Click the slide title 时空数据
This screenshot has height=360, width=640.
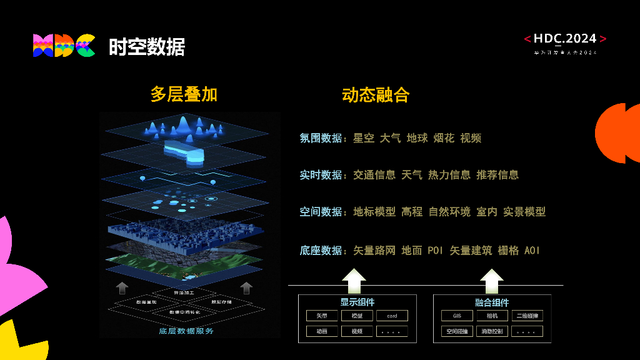coord(147,47)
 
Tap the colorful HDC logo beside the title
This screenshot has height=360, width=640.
coord(64,46)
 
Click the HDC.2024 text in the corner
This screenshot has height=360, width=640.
coord(565,39)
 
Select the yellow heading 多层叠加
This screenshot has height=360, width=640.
coord(184,94)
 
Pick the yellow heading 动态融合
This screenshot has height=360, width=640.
coord(376,95)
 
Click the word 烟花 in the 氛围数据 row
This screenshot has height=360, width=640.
coord(444,138)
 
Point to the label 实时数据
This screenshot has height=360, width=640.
coord(321,175)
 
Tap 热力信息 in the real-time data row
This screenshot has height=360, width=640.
coord(449,175)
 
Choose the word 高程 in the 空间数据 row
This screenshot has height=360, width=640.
coord(412,212)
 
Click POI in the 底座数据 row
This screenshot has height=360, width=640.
coord(436,251)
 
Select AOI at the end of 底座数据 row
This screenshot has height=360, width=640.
coord(532,251)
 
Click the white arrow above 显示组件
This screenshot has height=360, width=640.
coord(354,281)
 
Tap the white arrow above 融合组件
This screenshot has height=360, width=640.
coord(492,281)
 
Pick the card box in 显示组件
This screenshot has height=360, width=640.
coord(392,316)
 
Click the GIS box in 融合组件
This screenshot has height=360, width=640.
coord(457,316)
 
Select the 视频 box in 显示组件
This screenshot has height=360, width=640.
coord(357,331)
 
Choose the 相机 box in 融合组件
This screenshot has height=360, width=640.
coord(492,316)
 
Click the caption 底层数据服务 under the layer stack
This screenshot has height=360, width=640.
coord(186,331)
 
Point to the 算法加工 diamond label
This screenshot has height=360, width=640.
coord(184,292)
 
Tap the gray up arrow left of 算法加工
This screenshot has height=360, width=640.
coord(122,287)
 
